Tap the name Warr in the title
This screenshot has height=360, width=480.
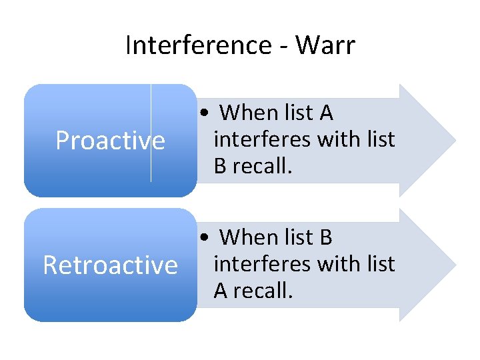click(x=325, y=45)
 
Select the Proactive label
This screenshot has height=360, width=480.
click(x=110, y=141)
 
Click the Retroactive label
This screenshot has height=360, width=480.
click(x=110, y=265)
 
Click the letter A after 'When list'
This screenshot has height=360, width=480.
click(x=326, y=113)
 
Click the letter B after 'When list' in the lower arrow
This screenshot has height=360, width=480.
click(x=326, y=238)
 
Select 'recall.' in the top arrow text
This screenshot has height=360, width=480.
click(x=263, y=166)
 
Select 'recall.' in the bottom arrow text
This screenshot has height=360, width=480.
click(x=263, y=291)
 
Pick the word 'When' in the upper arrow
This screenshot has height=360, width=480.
click(x=246, y=113)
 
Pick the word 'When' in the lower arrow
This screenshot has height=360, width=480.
click(x=246, y=238)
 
